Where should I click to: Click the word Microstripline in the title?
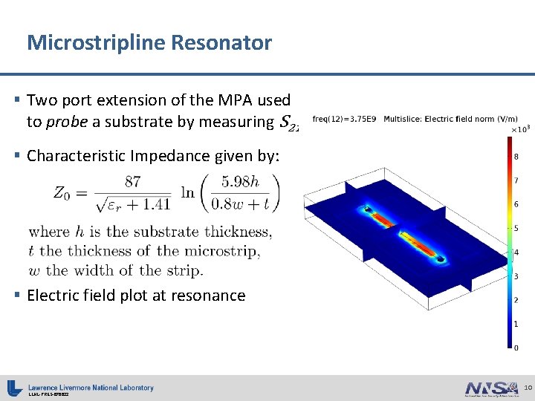pyautogui.click(x=96, y=42)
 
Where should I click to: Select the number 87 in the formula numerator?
pyautogui.click(x=134, y=180)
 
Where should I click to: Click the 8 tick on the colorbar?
pyautogui.click(x=516, y=156)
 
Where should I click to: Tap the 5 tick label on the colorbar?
pyautogui.click(x=516, y=228)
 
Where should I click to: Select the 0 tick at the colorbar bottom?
pyautogui.click(x=516, y=348)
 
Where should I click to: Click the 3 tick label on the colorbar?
pyautogui.click(x=516, y=276)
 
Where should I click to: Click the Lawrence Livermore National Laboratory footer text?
pyautogui.click(x=91, y=387)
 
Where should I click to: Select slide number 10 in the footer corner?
pyautogui.click(x=528, y=388)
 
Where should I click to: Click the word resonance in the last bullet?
pyautogui.click(x=210, y=296)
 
